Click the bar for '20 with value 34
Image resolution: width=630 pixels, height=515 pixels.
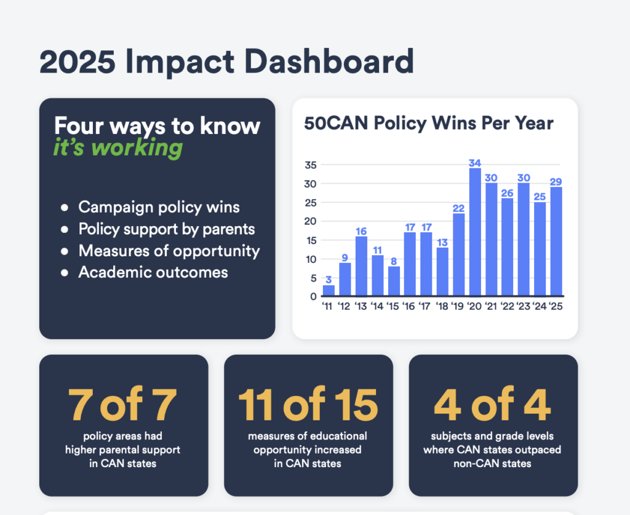pos(475,232)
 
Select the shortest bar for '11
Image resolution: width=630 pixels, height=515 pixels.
pos(329,290)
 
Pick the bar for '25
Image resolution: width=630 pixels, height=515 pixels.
pos(556,241)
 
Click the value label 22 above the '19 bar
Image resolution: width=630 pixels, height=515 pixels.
pos(458,208)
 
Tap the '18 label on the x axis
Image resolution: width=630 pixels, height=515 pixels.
pos(442,306)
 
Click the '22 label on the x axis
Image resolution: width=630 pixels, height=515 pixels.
pos(507,306)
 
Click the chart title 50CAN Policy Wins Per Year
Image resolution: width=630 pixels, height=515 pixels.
pos(429,124)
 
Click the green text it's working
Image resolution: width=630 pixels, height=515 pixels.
pos(118,148)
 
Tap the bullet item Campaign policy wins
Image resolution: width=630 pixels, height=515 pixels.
pos(159,207)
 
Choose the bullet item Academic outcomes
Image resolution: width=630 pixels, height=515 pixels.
pos(153,272)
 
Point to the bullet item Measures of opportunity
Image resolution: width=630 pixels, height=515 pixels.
pos(169,251)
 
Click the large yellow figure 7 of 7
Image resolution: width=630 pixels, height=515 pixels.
pos(123,404)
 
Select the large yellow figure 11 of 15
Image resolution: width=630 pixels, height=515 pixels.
pos(308,404)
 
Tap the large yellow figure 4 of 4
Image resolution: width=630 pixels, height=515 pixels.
pos(493,404)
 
